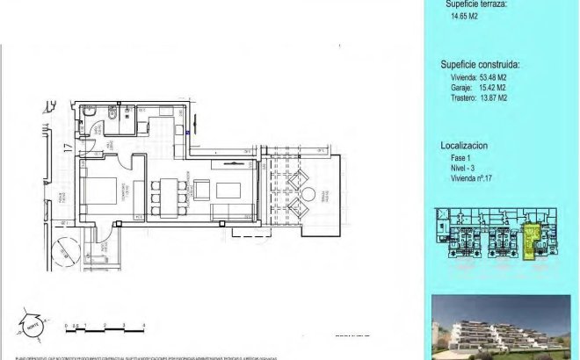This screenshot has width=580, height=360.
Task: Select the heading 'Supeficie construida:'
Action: click(479, 64)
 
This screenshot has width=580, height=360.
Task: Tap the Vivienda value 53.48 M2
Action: click(479, 77)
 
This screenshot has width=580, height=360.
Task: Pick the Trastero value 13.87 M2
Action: click(479, 98)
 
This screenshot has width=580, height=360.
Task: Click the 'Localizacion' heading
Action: click(464, 145)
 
